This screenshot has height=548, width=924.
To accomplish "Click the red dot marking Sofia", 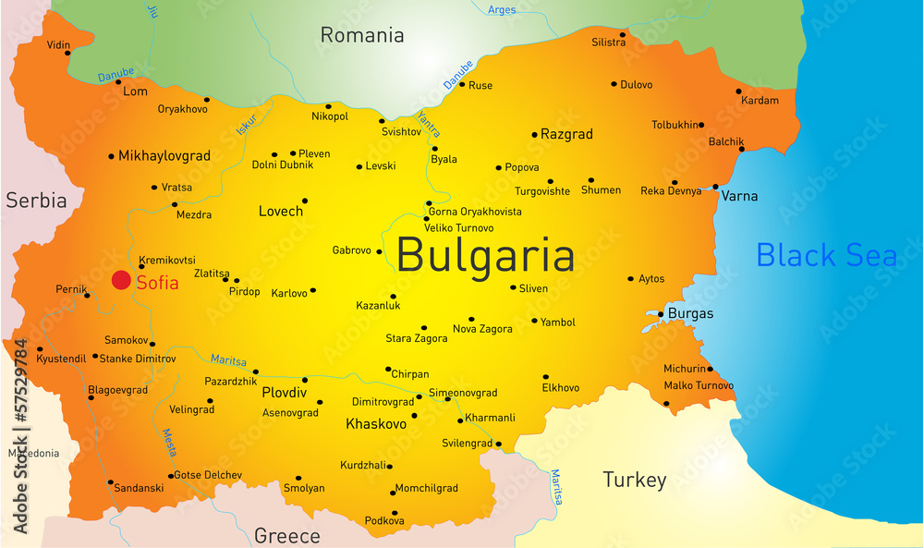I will tap(121, 280).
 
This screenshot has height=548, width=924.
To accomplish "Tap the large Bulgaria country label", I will tap(485, 255).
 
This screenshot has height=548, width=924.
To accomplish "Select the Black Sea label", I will tap(826, 254).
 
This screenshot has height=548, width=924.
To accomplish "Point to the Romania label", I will tap(362, 35).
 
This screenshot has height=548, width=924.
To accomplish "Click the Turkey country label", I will tap(634, 480).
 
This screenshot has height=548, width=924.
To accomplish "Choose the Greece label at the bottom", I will tap(286, 536).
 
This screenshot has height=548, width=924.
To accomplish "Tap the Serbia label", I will tap(36, 200).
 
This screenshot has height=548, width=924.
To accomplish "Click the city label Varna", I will tap(739, 196).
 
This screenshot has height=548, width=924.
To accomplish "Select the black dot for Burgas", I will tap(661, 314).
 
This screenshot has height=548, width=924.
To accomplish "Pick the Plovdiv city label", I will tap(284, 392).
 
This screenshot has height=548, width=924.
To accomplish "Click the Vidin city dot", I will tap(67, 53).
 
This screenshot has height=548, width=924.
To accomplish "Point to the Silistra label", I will tap(608, 43).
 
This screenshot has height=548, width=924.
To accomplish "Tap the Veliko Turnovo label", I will tap(458, 227).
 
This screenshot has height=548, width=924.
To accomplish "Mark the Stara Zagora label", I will tap(416, 338).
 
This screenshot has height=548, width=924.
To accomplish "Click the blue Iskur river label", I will tap(247, 124).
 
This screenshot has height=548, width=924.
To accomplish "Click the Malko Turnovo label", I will tap(699, 385).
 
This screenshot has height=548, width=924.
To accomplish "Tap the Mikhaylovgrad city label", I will tap(164, 156).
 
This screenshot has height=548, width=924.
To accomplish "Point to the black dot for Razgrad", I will tap(534, 135).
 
